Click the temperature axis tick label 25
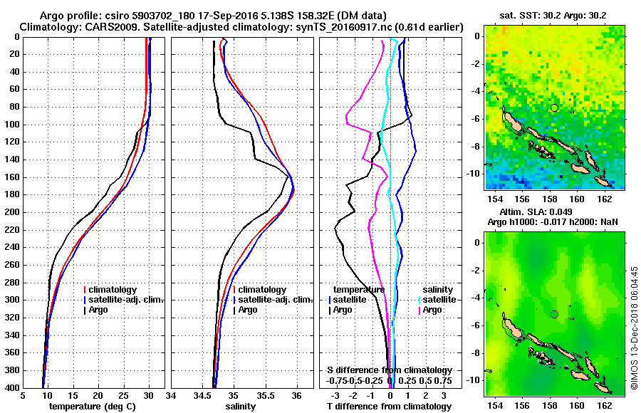coord(123,396)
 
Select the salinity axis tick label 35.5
coord(265,396)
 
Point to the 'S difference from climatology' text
coord(390,370)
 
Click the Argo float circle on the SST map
coord(554,108)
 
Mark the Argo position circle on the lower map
coord(554,314)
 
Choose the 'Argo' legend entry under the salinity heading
coord(432,310)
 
